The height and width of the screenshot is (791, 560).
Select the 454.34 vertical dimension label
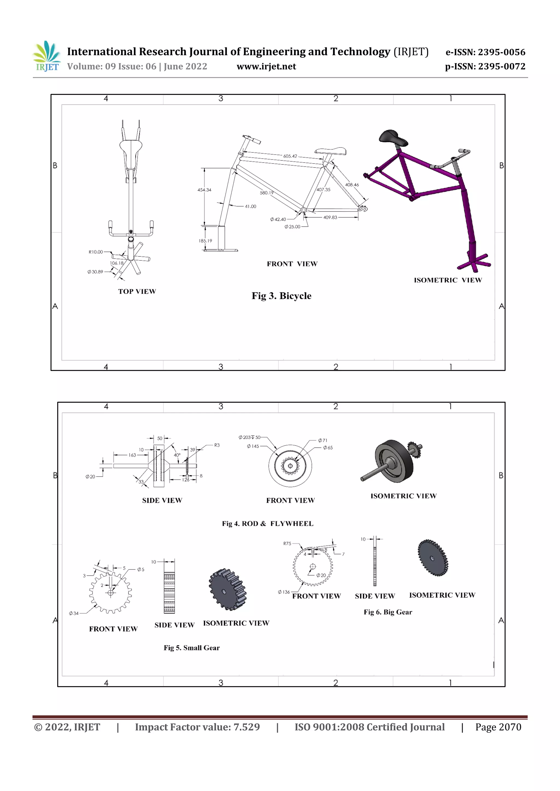(x=204, y=190)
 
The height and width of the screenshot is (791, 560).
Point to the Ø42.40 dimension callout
(x=278, y=219)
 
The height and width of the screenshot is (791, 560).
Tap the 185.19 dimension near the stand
(x=205, y=241)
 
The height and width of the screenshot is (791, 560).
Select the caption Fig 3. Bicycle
(x=281, y=296)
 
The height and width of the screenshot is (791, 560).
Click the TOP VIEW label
(x=137, y=291)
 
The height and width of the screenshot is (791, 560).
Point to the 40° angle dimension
(x=177, y=455)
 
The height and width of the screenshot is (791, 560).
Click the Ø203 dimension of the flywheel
(x=249, y=438)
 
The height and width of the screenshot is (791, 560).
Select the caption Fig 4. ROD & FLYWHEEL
(x=268, y=524)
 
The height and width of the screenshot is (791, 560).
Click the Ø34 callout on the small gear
(x=74, y=613)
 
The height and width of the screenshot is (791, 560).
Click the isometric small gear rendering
(x=227, y=589)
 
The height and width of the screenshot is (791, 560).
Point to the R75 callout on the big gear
(x=287, y=543)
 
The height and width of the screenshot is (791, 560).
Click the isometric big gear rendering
(x=433, y=557)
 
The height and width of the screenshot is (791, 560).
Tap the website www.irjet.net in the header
(x=266, y=66)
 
